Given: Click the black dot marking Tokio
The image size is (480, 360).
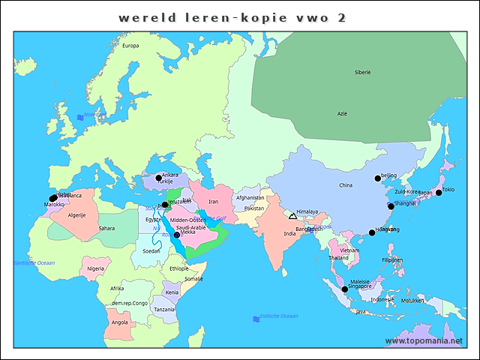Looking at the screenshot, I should click(439, 193).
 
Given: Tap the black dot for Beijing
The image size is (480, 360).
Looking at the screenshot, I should click(378, 178).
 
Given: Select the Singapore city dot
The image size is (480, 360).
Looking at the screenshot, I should click(344, 289).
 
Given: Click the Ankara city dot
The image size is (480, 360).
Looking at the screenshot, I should click(158, 178).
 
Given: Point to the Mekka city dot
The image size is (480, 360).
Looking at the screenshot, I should click(177, 235).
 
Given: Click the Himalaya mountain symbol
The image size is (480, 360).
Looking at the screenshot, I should click(292, 216).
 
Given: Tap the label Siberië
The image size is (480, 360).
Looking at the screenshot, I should click(363, 72).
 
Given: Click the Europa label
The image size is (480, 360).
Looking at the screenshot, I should click(130, 45).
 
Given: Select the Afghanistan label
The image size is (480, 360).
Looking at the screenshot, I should click(250, 198).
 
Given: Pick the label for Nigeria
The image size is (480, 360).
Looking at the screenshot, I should click(95, 268).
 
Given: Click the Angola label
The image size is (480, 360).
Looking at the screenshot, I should click(119, 322).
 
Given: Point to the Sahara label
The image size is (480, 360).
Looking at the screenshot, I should click(106, 227).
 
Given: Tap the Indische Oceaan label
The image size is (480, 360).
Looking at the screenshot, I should click(278, 316).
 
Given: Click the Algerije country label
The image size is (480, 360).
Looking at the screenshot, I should click(77, 214).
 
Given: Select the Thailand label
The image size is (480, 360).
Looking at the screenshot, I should click(338, 257).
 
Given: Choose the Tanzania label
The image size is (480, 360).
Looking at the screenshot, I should click(164, 309).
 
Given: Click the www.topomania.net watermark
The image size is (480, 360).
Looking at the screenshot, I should click(429, 340).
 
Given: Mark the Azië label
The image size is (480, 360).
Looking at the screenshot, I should click(342, 113).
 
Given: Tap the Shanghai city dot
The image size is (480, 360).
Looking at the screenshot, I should click(391, 205).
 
